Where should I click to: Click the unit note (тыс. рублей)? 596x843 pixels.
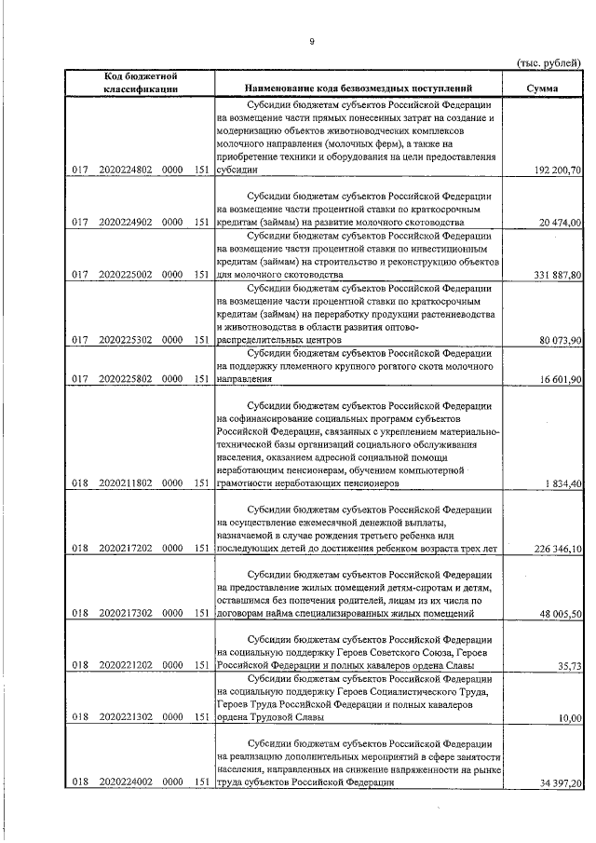pos(549,61)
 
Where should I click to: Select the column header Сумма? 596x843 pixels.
pos(542,88)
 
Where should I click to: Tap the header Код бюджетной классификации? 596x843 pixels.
pos(142,82)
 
